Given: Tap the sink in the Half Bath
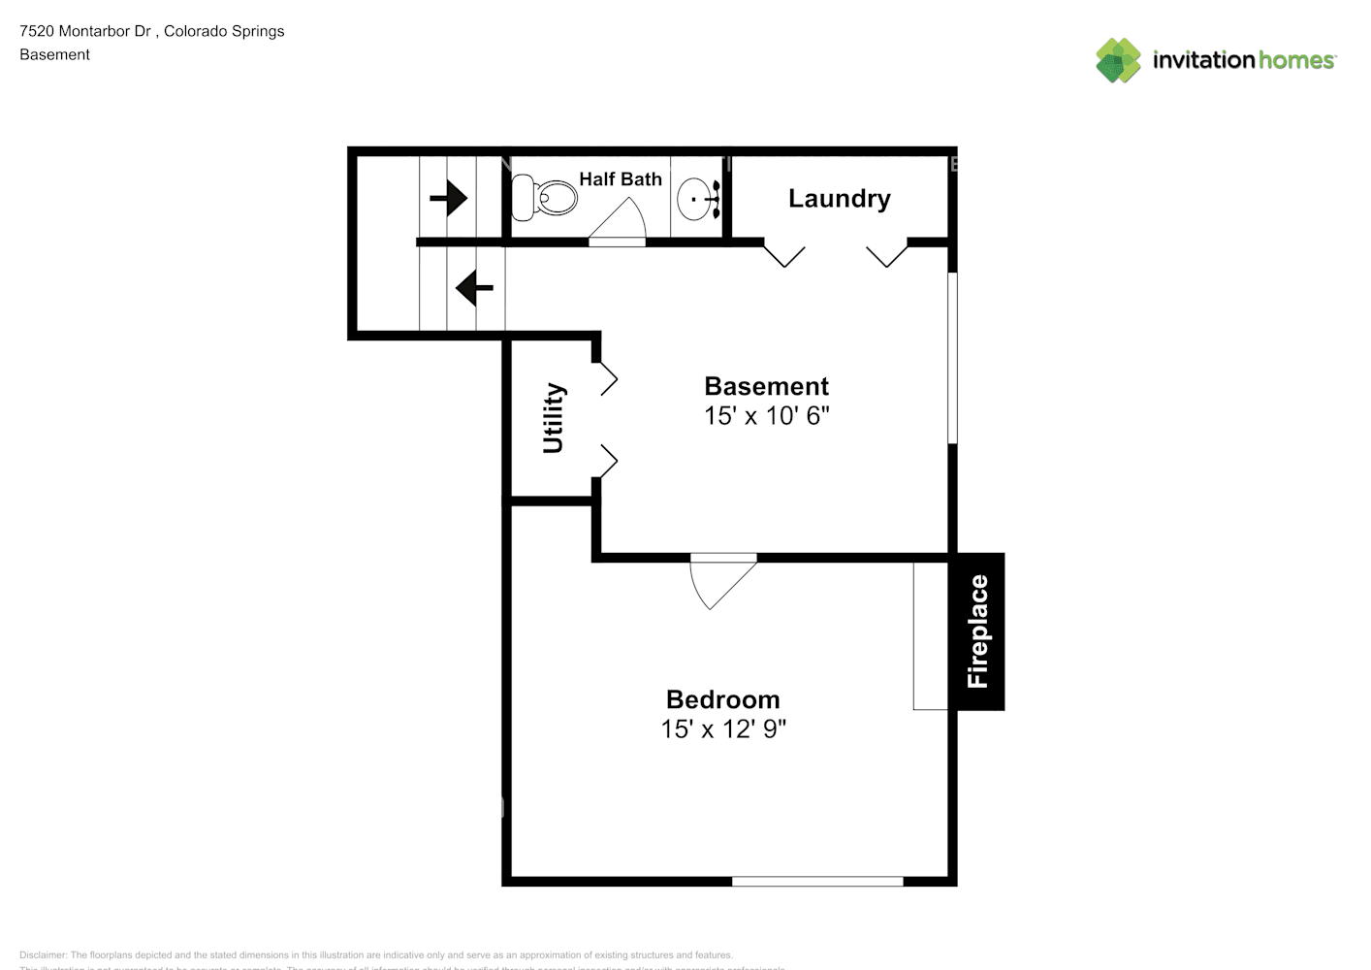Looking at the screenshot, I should [x=697, y=199].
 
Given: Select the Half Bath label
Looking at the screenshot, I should [x=621, y=179].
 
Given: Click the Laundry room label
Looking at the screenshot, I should [x=839, y=199].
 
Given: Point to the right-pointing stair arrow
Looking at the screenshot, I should [x=448, y=199].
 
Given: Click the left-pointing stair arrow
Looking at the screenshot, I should [x=474, y=288].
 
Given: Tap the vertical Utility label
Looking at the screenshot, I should [x=553, y=418].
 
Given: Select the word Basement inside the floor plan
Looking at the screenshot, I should [x=766, y=386].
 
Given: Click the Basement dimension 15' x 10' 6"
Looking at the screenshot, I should [x=766, y=416].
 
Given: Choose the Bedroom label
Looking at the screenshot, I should [x=722, y=699].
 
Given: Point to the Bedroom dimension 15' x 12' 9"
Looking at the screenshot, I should [x=722, y=729].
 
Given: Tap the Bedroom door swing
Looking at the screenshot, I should [x=719, y=582].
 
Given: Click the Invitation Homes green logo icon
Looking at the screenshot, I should [x=1118, y=60].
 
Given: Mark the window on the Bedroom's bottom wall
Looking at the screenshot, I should [x=817, y=881].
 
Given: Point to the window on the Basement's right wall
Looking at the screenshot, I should [x=952, y=358].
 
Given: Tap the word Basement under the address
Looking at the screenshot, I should [x=54, y=55].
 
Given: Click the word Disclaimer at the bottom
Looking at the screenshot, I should [x=43, y=955].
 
